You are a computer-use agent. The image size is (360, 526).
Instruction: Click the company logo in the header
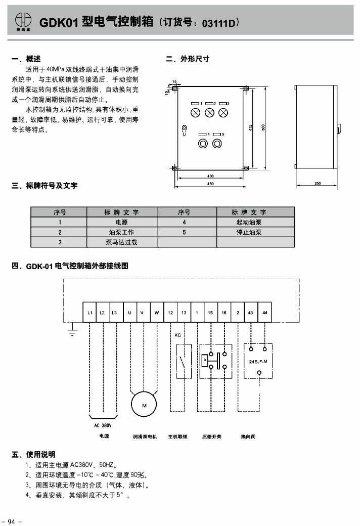click(22, 20)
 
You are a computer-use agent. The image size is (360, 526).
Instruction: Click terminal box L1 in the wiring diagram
click(89, 313)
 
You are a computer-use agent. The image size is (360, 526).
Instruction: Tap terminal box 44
click(265, 313)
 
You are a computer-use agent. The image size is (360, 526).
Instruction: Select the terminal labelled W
click(156, 313)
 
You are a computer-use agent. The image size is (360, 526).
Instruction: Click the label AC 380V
click(103, 425)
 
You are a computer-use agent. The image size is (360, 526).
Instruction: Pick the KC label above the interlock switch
click(177, 335)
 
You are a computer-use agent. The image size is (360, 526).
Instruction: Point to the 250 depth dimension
click(318, 183)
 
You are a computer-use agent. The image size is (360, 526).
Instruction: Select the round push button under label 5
click(217, 143)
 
